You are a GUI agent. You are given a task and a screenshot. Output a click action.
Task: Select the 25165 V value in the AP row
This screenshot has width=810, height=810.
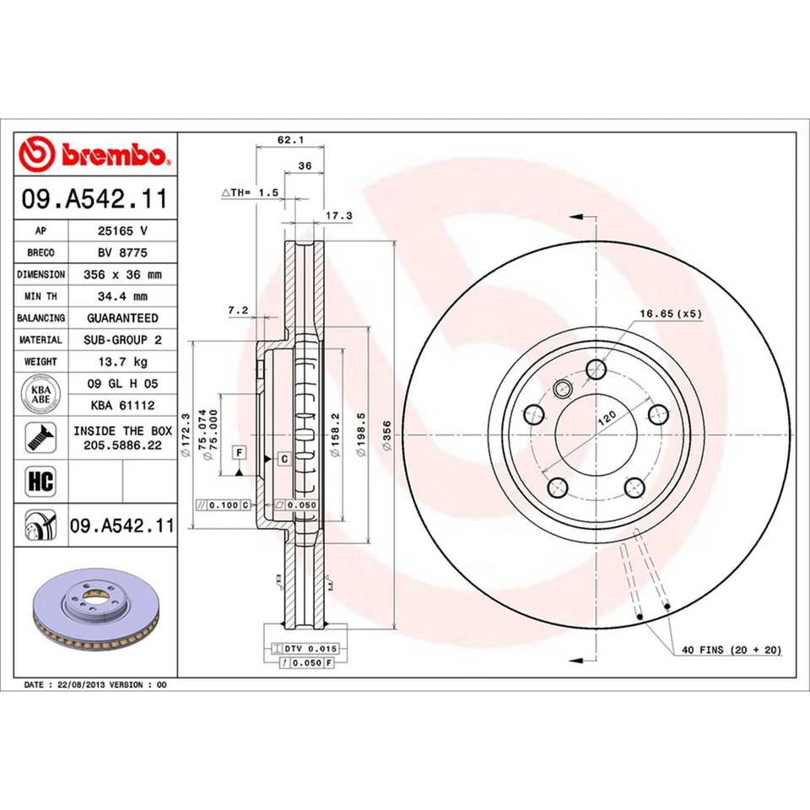tap(122, 229)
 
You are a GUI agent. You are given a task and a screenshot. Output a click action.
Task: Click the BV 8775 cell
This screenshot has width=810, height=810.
tap(122, 252)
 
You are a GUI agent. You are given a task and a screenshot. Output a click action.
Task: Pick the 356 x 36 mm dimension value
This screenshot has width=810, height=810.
tap(122, 274)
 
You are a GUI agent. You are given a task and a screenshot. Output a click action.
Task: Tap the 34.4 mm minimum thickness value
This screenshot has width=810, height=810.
tap(122, 296)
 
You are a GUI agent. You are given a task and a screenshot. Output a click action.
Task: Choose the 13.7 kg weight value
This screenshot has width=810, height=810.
tap(122, 362)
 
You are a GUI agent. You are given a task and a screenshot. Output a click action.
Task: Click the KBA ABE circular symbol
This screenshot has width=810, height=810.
tap(40, 394)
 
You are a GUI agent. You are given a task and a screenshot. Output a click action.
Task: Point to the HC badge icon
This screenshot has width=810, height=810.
tap(40, 482)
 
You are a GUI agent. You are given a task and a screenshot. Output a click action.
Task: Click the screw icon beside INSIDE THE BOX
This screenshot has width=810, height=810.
tap(40, 436)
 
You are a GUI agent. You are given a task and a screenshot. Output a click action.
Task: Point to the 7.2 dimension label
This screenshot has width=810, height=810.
tap(237, 310)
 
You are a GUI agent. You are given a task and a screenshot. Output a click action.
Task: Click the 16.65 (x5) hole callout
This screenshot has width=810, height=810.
tap(670, 313)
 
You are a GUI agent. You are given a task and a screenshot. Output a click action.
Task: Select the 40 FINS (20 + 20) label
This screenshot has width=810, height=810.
tap(731, 650)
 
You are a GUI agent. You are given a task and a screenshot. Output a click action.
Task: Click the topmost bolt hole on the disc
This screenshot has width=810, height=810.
tap(597, 369)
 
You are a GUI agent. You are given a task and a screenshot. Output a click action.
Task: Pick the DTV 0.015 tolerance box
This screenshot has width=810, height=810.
tap(303, 648)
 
